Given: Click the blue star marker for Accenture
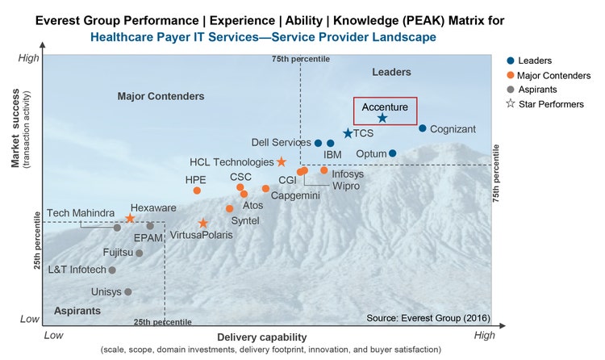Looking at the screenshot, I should coord(382,118).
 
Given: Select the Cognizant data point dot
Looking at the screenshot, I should coord(422,128).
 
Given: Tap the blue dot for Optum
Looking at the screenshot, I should coord(393,153).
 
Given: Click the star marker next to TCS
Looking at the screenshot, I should coord(348,134).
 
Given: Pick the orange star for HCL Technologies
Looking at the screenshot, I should coord(281,162).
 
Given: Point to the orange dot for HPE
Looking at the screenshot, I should coord(197,190).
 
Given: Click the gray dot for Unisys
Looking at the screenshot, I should coord(127,292).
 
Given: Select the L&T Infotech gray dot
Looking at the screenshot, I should coord(112,270).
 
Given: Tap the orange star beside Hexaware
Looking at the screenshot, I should coord(130,219).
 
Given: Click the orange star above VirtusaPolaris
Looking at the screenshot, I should coord(203,224).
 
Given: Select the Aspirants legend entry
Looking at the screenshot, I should coord(540,89).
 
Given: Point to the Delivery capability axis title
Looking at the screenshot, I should coord(261,336).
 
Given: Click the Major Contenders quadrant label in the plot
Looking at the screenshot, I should coord(161,97).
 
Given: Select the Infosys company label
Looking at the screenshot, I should coord(348,174).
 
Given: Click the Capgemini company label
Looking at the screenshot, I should coord(295,196).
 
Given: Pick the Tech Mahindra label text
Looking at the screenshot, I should coord(81,213).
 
